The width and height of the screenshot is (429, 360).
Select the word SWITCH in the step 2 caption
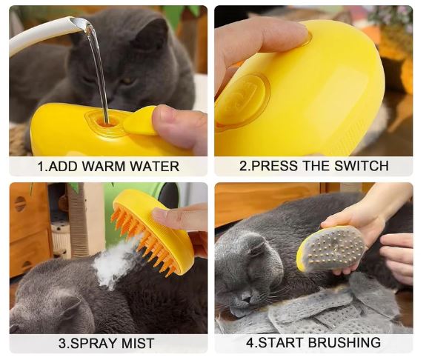362,165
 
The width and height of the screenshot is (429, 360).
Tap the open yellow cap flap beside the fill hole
140,121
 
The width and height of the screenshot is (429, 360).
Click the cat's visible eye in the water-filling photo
126,81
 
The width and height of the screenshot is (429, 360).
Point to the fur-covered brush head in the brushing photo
333,248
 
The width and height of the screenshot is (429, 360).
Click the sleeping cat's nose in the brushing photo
245,296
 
